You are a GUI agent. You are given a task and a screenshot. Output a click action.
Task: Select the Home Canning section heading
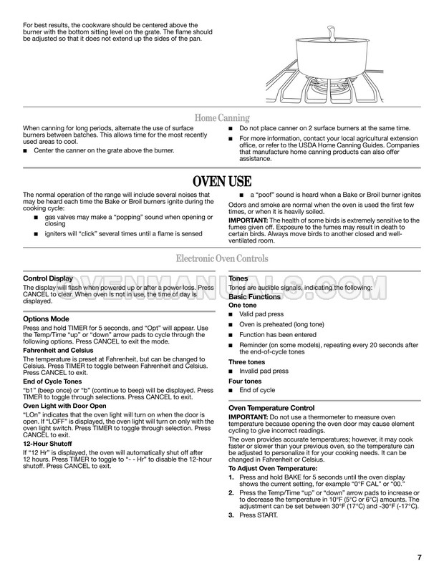pyautogui.click(x=222, y=118)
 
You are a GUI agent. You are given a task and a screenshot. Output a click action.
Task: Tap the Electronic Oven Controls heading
pyautogui.click(x=222, y=258)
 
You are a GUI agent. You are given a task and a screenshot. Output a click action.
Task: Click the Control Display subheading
pyautogui.click(x=48, y=278)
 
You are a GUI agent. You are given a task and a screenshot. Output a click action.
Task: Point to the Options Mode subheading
pyautogui.click(x=46, y=318)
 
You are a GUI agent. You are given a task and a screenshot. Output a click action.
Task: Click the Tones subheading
pyautogui.click(x=238, y=278)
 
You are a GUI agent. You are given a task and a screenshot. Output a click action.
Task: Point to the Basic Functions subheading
pyautogui.click(x=254, y=296)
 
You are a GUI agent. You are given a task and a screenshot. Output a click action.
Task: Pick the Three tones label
pyautogui.click(x=246, y=362)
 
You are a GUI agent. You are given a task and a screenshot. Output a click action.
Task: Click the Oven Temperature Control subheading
pyautogui.click(x=271, y=408)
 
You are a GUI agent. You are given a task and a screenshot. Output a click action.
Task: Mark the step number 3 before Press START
pyautogui.click(x=231, y=515)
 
